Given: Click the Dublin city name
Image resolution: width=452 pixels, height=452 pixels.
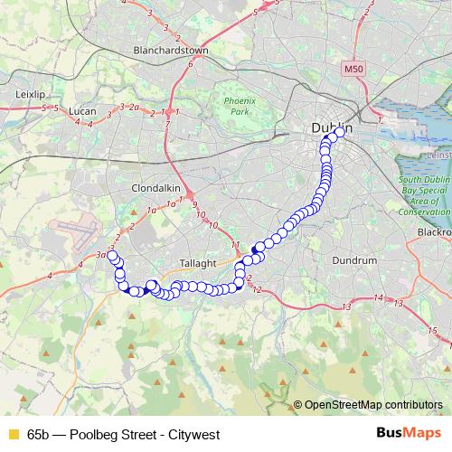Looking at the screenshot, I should (331, 128).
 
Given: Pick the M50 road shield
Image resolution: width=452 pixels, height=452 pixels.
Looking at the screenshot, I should (353, 69).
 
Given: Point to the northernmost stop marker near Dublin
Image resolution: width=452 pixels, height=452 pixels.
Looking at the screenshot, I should (341, 131).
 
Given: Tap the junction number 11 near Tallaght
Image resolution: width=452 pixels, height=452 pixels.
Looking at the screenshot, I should (235, 246).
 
